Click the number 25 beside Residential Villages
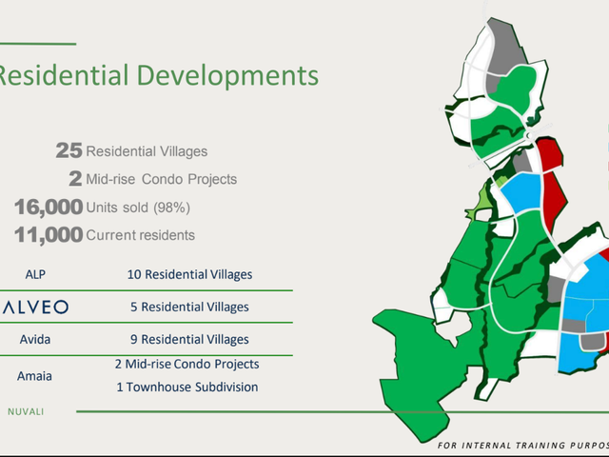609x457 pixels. (x=69, y=150)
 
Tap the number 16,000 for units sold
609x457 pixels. (x=49, y=207)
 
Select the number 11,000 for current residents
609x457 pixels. (x=49, y=235)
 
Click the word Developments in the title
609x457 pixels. (x=228, y=75)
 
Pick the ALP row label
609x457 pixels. (x=35, y=274)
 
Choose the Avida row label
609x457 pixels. (x=35, y=339)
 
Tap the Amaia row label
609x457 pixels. (x=34, y=376)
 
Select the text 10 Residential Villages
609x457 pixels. (x=190, y=274)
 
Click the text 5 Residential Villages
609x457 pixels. (x=189, y=307)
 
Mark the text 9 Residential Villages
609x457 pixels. (x=189, y=339)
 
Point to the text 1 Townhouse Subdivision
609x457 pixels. (x=187, y=387)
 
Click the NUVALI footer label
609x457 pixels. (x=26, y=411)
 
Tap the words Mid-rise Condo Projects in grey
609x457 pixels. (x=161, y=179)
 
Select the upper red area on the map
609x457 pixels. (x=550, y=153)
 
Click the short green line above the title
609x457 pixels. (x=38, y=44)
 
